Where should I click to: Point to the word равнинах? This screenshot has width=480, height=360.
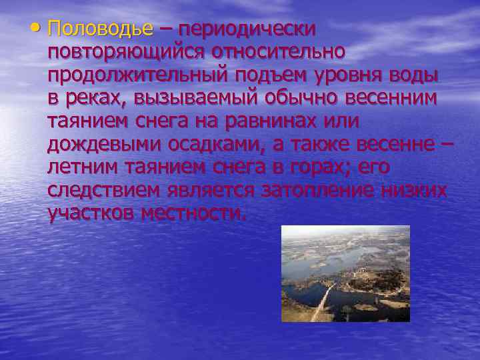(273, 122)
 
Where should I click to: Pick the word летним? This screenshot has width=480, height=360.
(83, 167)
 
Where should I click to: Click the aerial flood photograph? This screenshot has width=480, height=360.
(345, 273)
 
